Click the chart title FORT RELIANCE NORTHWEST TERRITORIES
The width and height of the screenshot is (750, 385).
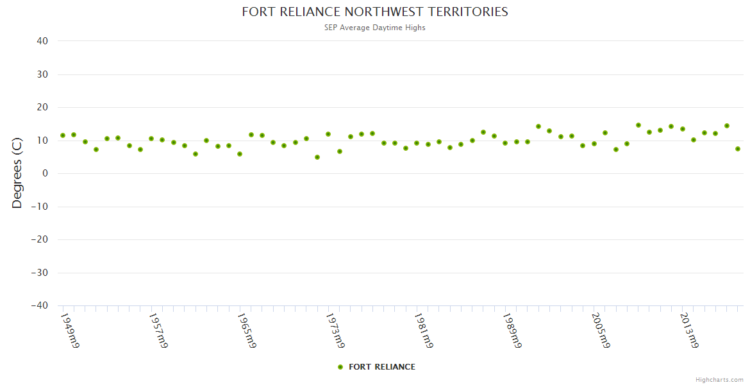(x=374, y=12)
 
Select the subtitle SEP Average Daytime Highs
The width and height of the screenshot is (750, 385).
(x=374, y=28)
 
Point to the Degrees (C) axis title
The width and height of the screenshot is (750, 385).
(x=17, y=173)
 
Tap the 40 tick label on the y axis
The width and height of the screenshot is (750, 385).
(x=43, y=41)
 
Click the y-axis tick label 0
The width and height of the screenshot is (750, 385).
(x=46, y=173)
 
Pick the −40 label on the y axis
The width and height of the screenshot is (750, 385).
(x=39, y=305)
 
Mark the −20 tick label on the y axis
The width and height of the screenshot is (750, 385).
(x=39, y=239)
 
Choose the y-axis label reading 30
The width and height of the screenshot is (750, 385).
(x=43, y=74)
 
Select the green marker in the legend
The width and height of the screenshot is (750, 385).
(x=340, y=367)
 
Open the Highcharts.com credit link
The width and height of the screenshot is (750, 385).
(x=719, y=380)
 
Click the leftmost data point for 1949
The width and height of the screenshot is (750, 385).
(x=63, y=135)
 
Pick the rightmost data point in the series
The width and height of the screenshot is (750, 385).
(x=738, y=149)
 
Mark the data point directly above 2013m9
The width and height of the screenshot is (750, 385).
(x=683, y=129)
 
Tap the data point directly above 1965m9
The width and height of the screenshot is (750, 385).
(x=240, y=154)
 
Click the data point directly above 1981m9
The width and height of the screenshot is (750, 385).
(x=417, y=143)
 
